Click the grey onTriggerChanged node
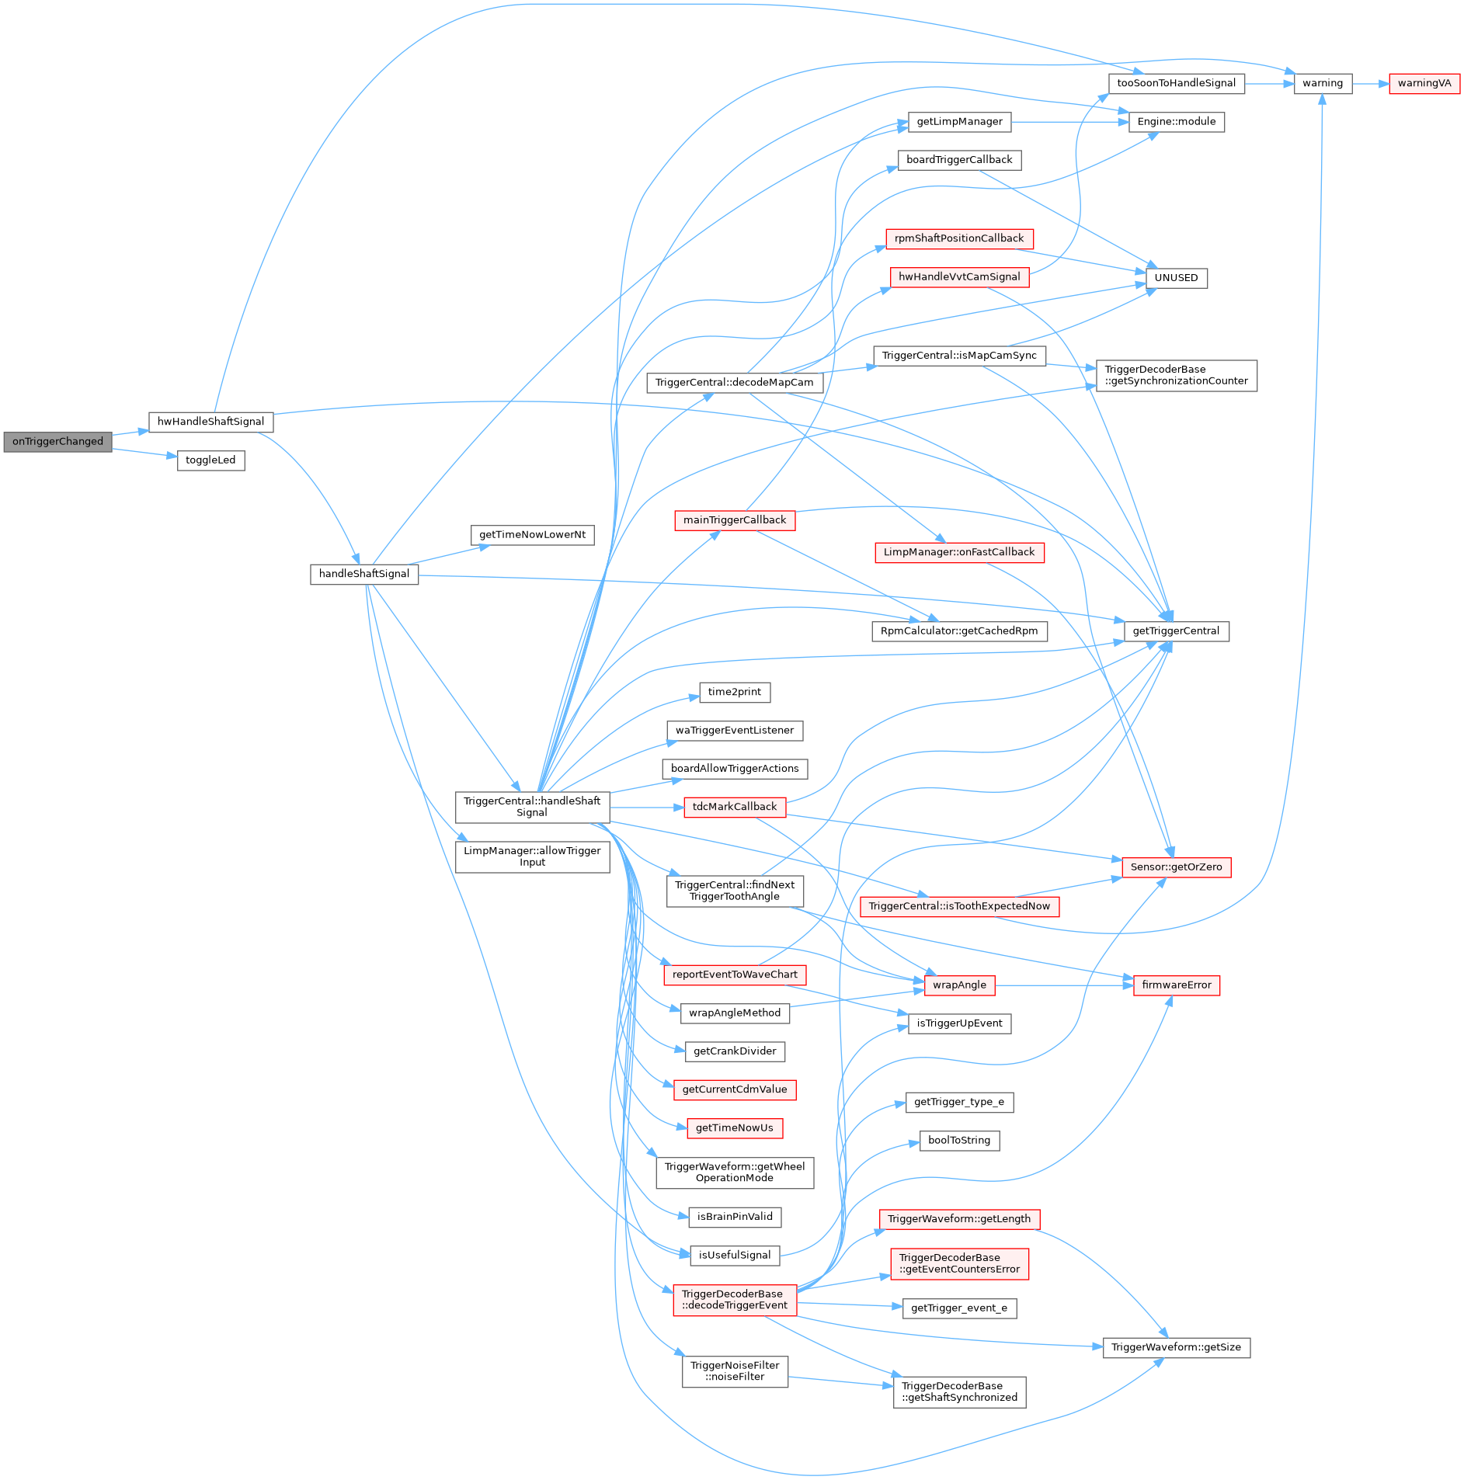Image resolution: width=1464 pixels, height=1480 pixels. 57,442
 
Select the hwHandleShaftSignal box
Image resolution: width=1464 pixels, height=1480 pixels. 210,422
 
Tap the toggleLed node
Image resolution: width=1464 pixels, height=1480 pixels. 210,460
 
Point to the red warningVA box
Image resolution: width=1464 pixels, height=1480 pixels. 1424,84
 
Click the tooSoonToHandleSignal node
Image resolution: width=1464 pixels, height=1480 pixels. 1176,84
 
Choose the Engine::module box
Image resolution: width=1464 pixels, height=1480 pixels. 1176,122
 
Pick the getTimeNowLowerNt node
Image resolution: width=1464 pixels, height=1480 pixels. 532,535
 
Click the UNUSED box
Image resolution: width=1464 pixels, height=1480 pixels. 1176,278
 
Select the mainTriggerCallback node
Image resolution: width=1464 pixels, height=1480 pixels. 734,520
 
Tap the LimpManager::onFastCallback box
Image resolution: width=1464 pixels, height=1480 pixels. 959,552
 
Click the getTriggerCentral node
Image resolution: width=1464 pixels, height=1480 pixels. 1176,631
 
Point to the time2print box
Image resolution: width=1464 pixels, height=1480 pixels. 734,692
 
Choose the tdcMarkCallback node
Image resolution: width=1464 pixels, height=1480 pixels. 734,807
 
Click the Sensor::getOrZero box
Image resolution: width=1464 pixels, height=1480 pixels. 1176,867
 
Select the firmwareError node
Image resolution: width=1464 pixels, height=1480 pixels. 1176,985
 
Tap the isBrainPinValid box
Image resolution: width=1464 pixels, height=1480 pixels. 734,1217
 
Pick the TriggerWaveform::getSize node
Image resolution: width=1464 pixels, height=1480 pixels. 1176,1347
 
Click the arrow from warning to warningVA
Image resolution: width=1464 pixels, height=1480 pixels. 1370,84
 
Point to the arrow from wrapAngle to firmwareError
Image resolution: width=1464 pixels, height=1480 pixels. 1064,985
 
